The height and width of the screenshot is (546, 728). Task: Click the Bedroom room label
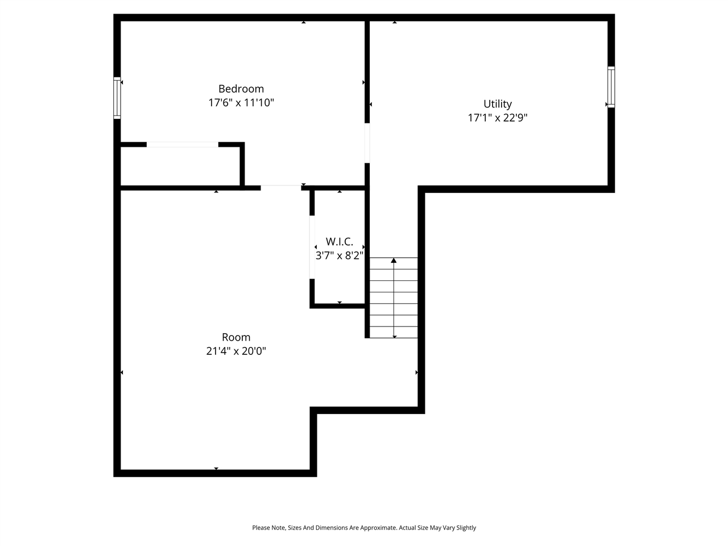[241, 89]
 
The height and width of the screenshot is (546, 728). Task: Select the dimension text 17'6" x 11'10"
[241, 103]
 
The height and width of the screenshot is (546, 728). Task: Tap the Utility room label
[498, 104]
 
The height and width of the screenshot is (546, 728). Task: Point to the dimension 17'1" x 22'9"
[498, 118]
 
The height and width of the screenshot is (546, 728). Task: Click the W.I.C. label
[340, 242]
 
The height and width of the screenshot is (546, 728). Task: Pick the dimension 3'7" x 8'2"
[340, 256]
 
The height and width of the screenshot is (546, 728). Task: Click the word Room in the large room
[236, 337]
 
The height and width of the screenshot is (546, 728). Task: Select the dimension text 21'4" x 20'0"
[236, 351]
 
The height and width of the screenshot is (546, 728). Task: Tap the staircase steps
[394, 307]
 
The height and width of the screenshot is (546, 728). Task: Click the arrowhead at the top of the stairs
[394, 260]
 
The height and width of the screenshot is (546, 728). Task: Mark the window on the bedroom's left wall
[117, 98]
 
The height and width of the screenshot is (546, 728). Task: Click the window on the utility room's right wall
[611, 87]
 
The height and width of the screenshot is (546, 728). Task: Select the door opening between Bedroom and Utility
[367, 143]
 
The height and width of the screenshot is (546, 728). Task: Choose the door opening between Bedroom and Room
[281, 187]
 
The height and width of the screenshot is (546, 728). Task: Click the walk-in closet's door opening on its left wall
[312, 247]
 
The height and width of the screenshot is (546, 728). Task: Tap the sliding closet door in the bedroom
[183, 144]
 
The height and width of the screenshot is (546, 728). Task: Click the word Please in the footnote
[260, 528]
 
